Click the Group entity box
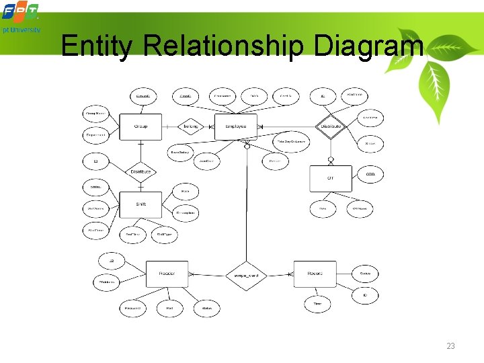(140, 126)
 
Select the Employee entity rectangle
(235, 126)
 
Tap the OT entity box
(330, 178)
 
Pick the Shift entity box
(140, 204)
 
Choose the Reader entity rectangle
(167, 274)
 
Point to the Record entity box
(315, 274)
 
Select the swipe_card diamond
(245, 276)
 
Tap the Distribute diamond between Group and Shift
(140, 171)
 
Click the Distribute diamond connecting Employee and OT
(330, 126)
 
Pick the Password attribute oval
(132, 309)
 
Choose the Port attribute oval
(169, 309)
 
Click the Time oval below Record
(317, 304)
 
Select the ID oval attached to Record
(365, 295)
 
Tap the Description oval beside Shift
(186, 212)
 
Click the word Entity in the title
(99, 46)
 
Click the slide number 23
(450, 346)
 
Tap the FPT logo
(21, 12)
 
